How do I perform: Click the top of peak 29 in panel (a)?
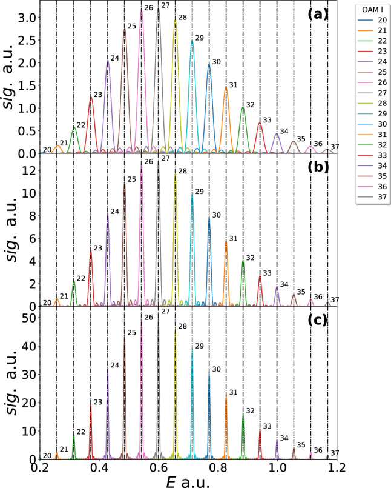192,41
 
